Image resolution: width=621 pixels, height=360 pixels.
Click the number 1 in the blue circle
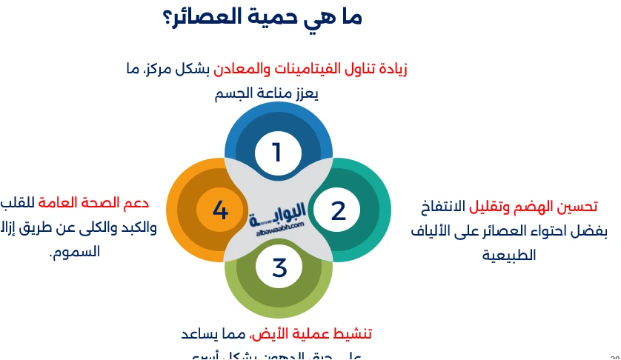click(277, 153)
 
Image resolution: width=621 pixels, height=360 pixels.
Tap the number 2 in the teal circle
click(338, 211)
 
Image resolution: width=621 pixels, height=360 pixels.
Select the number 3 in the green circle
click(279, 267)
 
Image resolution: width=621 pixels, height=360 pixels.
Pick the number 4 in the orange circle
click(220, 211)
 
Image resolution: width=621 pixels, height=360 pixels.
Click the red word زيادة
click(388, 70)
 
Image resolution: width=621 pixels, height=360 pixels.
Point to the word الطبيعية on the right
click(509, 256)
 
